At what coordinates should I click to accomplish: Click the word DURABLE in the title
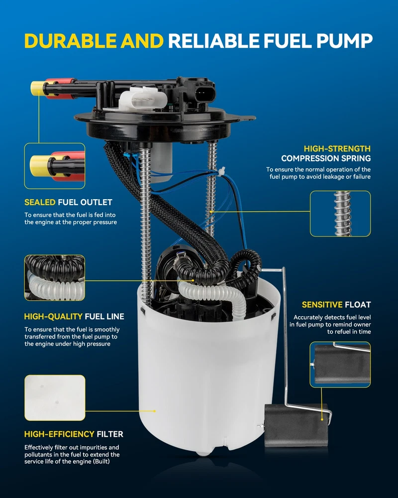[71, 41]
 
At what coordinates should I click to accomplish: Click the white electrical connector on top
[143, 99]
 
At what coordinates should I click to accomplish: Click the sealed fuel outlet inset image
[55, 166]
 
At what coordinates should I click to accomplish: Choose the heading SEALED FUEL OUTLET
[68, 202]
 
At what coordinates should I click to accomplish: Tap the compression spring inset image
[340, 214]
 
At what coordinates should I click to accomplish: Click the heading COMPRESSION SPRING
[326, 158]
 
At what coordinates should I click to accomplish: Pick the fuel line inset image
[55, 277]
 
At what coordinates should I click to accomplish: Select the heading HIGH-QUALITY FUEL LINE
[74, 316]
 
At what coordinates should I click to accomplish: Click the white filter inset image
[55, 397]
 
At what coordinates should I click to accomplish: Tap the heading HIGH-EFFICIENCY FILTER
[74, 434]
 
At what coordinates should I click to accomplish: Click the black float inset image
[340, 365]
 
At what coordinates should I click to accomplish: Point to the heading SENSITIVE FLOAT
[336, 305]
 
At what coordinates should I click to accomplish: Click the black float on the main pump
[296, 425]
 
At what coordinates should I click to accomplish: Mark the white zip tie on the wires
[221, 171]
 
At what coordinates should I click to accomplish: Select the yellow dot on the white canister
[155, 411]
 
